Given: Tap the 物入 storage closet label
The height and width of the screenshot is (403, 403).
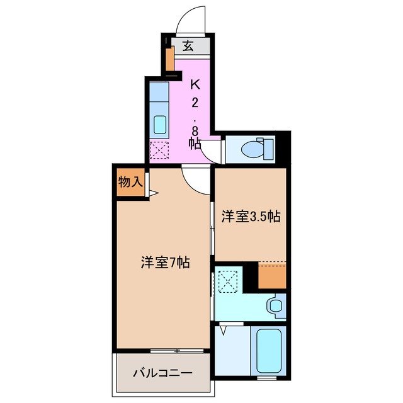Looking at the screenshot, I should pyautogui.click(x=130, y=183).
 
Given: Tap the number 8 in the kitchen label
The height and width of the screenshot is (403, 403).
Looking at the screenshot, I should pyautogui.click(x=195, y=130).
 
